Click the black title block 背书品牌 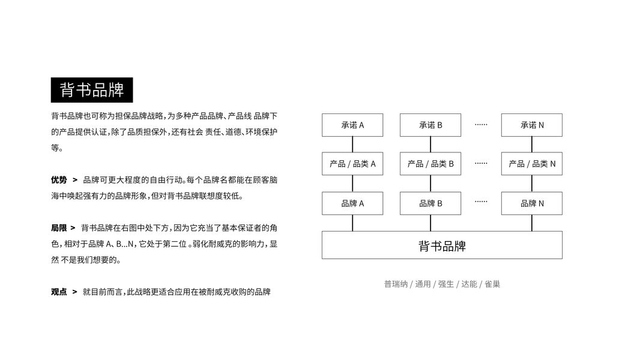point(92,90)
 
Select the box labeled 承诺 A point(352,125)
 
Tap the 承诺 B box point(430,125)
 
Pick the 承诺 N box point(532,125)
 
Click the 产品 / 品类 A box point(352,164)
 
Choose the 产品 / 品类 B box point(430,164)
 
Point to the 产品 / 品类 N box point(532,164)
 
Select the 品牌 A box point(352,203)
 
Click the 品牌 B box point(430,203)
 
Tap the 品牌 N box point(532,203)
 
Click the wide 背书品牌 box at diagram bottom point(442,245)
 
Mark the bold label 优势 point(59,179)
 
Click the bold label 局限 point(59,228)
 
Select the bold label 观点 point(59,292)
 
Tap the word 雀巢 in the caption point(492,284)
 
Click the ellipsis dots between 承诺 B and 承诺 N point(481,124)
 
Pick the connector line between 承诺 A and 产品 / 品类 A point(352,144)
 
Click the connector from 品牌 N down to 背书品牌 point(532,223)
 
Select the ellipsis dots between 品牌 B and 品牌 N point(481,202)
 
